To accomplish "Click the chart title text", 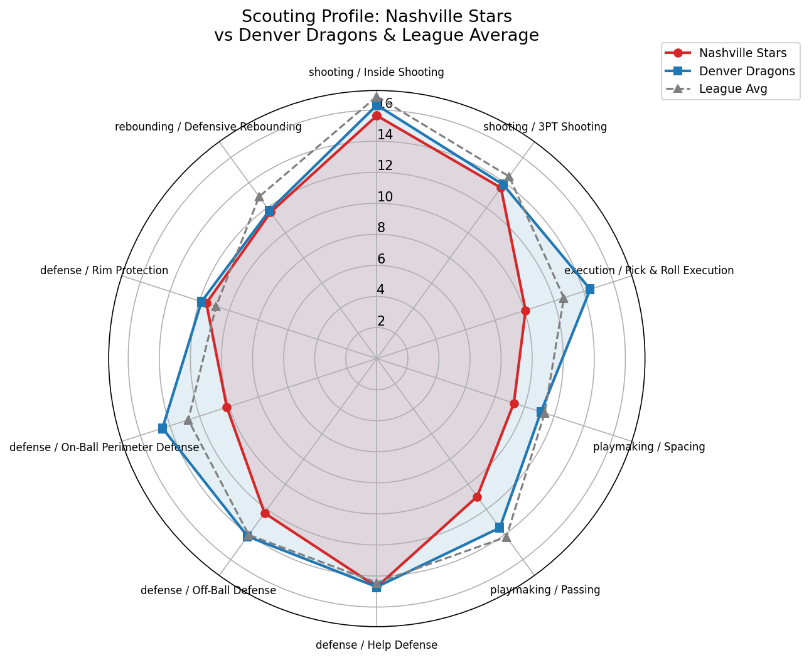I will click(x=377, y=26).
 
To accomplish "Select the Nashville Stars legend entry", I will click(x=742, y=53).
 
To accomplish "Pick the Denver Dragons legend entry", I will click(x=747, y=71).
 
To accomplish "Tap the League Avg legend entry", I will click(x=733, y=89).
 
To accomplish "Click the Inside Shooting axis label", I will click(x=377, y=72).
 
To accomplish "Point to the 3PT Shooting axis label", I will click(x=545, y=127).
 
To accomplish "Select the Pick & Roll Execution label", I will click(x=649, y=270).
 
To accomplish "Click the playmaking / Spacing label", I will click(x=649, y=447).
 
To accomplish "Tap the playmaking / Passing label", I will click(x=545, y=590).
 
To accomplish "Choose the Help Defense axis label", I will click(x=377, y=645).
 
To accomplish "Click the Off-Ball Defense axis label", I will click(x=208, y=590).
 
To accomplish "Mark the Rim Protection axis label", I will click(x=104, y=270).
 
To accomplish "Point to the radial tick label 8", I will click(x=381, y=228).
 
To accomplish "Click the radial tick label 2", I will click(x=381, y=321).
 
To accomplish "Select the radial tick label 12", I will click(x=385, y=166).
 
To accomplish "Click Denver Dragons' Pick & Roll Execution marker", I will click(x=589, y=289).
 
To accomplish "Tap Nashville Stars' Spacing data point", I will click(x=514, y=403).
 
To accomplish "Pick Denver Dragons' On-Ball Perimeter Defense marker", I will click(x=163, y=428).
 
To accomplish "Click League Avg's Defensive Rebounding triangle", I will click(x=259, y=197).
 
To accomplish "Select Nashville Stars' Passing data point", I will click(x=477, y=497).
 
